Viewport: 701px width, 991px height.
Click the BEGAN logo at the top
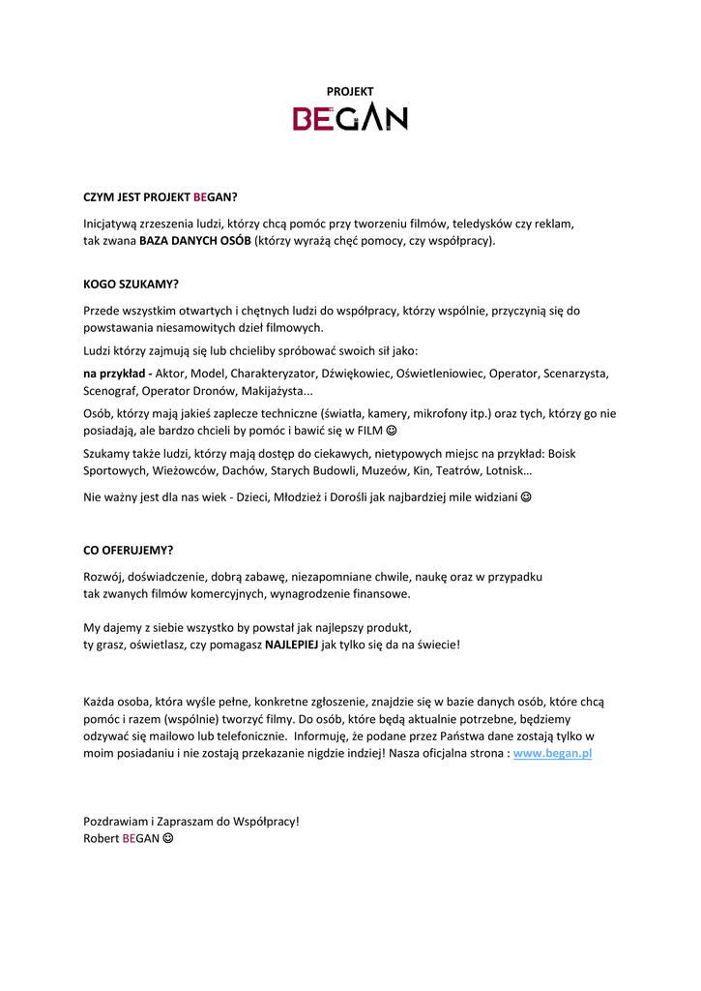(x=350, y=118)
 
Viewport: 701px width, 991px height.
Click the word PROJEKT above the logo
(x=350, y=91)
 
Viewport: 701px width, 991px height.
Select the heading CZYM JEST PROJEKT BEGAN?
(x=160, y=196)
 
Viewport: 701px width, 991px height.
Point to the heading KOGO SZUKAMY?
(x=131, y=285)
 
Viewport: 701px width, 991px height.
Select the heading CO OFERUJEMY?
(x=129, y=550)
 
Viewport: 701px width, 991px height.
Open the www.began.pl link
(x=552, y=753)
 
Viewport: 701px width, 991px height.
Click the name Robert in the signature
(x=101, y=838)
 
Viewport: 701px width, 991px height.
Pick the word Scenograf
(x=109, y=391)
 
